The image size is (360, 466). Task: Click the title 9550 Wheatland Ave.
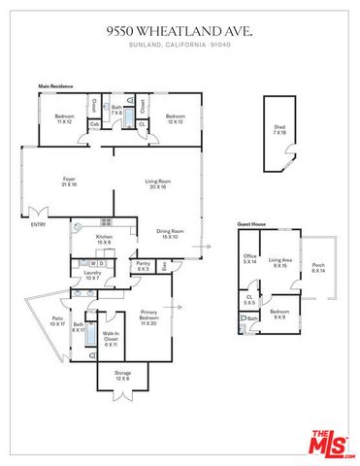click(x=180, y=31)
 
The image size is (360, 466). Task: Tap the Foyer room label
click(x=70, y=182)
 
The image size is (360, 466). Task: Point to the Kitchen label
click(x=104, y=239)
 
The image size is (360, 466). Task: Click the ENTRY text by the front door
click(x=38, y=225)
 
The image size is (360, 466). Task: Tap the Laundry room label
click(x=92, y=276)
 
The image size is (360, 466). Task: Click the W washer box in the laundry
click(x=91, y=262)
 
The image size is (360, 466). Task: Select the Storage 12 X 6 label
click(x=122, y=375)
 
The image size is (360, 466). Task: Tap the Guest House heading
click(x=251, y=223)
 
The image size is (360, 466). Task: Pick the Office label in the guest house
click(x=249, y=259)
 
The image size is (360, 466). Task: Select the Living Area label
click(x=281, y=262)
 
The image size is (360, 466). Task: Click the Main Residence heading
click(x=57, y=86)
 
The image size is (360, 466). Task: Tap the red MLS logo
click(x=332, y=442)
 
